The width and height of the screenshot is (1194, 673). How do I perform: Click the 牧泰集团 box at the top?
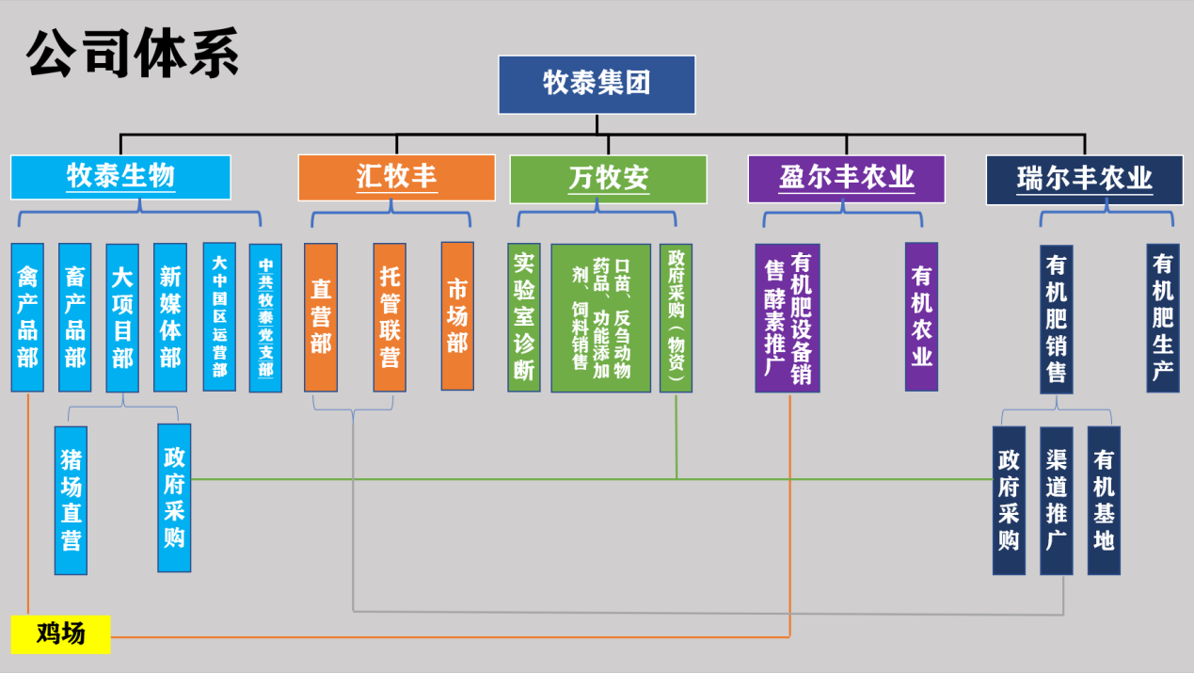point(597,85)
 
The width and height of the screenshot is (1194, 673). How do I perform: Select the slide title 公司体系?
point(133,54)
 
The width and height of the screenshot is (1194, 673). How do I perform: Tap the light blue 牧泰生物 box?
point(120,177)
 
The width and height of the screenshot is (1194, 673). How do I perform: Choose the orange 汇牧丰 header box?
point(396,178)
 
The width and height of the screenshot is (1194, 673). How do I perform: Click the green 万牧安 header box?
point(608,179)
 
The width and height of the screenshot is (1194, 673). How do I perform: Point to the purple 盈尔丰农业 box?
point(846,179)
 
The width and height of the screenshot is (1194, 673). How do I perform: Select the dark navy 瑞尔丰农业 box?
point(1084,180)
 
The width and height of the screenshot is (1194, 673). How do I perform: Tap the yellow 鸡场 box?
point(61,633)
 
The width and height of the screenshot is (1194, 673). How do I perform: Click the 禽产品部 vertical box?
point(27,317)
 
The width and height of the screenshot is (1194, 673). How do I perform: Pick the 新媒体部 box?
point(170,317)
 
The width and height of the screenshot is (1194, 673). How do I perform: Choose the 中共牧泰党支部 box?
point(265,318)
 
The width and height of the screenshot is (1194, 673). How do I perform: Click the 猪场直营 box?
point(71,500)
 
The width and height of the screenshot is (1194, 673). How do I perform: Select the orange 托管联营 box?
point(390,317)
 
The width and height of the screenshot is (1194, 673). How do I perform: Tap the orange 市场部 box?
point(457,315)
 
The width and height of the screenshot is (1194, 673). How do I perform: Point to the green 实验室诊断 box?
point(524,317)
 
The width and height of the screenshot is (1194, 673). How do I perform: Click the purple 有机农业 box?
point(921,316)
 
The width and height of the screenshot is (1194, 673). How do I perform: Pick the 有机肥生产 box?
point(1163,317)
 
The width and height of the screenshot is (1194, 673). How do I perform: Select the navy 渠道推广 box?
point(1056,500)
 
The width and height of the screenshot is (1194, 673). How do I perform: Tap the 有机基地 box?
point(1104,500)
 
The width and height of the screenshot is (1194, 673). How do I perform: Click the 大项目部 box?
point(122,317)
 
